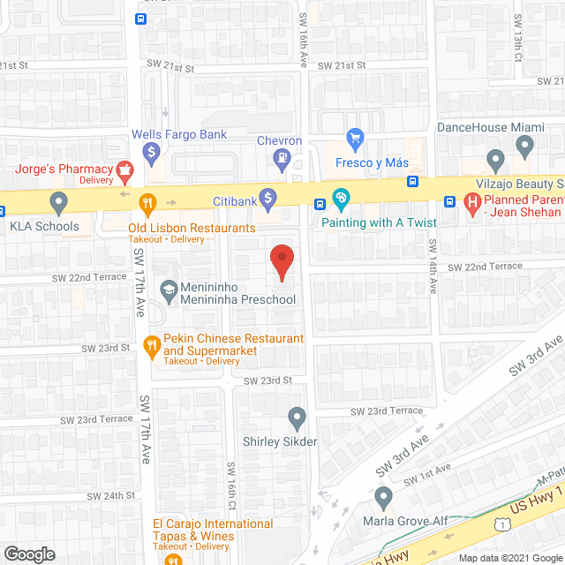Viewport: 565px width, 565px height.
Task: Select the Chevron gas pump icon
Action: coord(282,160)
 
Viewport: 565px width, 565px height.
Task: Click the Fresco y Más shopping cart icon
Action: coord(355,139)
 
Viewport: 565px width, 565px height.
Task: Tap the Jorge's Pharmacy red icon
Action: coord(125,169)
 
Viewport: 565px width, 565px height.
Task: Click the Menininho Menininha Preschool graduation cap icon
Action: coord(168,289)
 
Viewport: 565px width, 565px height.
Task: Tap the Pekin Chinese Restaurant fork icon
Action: coord(152,345)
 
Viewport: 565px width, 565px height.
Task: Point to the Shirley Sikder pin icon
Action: coord(297,416)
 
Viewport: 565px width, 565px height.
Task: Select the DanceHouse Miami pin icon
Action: coord(496,160)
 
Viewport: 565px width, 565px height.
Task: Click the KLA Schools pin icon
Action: coord(58,202)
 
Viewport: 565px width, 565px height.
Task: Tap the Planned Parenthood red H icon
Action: coord(472,205)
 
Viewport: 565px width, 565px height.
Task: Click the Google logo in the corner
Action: coord(28,554)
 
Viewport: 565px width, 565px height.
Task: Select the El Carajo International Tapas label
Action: coord(213,530)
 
